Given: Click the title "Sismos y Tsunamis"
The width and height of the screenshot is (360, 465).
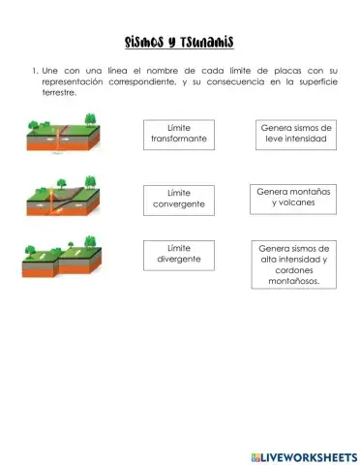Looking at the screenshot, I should point(179,42).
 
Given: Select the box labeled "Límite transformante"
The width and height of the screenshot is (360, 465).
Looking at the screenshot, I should point(179,135).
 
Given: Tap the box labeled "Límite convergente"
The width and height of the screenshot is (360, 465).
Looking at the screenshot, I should point(179,200).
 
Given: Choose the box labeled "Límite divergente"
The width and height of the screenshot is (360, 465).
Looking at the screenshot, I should point(179,255).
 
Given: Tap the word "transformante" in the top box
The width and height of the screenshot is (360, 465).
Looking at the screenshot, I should point(179,140).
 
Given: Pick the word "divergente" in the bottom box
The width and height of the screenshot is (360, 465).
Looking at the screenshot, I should point(179,260).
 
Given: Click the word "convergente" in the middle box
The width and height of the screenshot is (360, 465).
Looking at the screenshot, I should point(179,205).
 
